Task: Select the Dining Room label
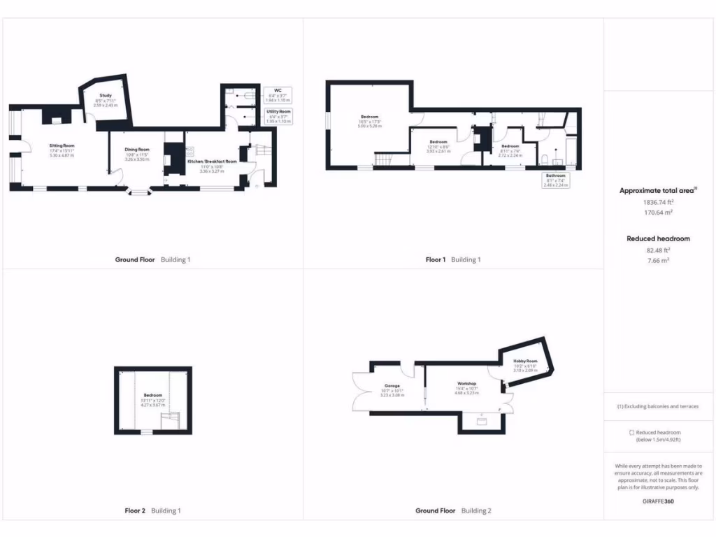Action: (x=137, y=149)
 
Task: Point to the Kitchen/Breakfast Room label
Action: (x=213, y=161)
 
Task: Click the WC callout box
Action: (x=278, y=94)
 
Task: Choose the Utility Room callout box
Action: (x=278, y=115)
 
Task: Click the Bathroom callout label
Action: (x=555, y=179)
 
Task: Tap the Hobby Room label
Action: (x=525, y=361)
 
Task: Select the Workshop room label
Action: (x=467, y=384)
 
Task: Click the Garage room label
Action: (x=392, y=386)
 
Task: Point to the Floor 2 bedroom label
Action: (x=152, y=395)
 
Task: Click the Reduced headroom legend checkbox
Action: (x=631, y=433)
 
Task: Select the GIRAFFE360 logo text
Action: (x=658, y=501)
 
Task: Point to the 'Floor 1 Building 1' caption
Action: (x=453, y=259)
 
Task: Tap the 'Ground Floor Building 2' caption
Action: (x=453, y=510)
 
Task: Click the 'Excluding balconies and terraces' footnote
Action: (x=657, y=406)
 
